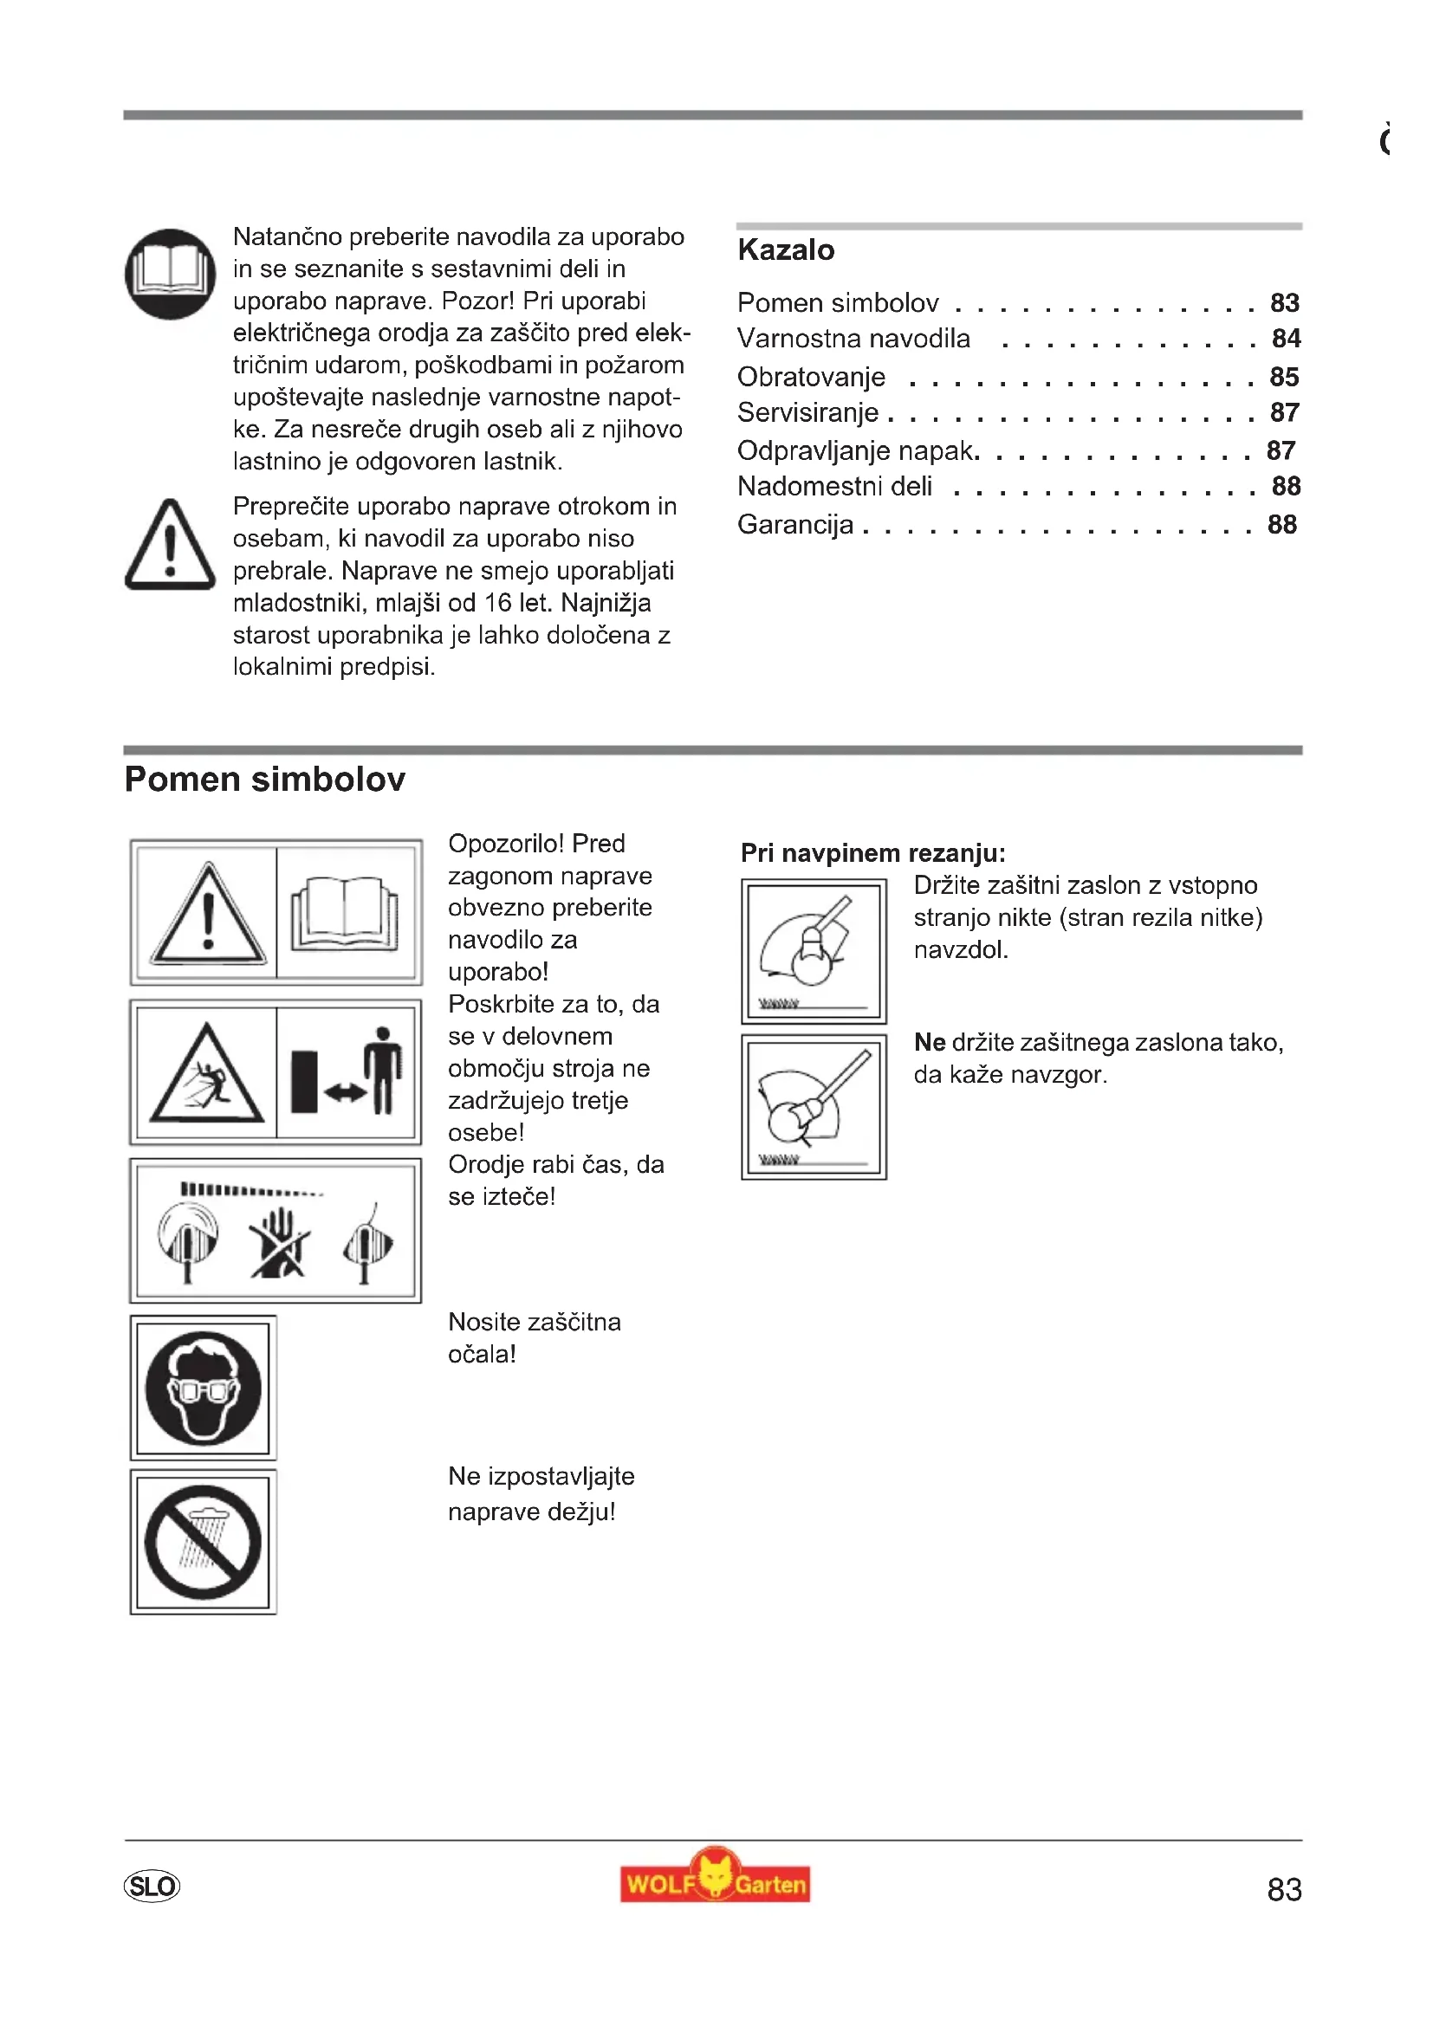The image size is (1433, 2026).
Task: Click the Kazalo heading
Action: [x=785, y=250]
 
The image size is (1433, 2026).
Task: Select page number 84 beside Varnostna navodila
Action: [x=1286, y=339]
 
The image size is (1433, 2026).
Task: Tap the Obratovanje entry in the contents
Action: [x=811, y=378]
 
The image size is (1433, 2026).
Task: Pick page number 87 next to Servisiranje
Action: [x=1284, y=413]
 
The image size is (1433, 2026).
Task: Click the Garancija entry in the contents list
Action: [x=795, y=525]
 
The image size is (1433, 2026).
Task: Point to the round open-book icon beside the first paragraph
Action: [x=171, y=275]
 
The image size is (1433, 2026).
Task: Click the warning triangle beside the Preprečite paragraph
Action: [x=171, y=546]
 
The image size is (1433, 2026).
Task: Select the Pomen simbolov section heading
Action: [x=265, y=780]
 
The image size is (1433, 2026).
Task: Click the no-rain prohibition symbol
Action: [x=203, y=1543]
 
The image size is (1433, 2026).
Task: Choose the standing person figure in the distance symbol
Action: [x=383, y=1070]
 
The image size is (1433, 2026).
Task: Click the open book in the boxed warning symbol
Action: [x=346, y=913]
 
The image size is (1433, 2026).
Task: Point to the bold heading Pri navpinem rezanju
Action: [x=872, y=853]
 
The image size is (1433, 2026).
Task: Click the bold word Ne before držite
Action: [x=929, y=1043]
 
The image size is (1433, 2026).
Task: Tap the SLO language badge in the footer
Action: [x=152, y=1887]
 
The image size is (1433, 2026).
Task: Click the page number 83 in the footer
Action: [x=1284, y=1889]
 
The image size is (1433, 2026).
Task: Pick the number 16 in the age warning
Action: [x=498, y=604]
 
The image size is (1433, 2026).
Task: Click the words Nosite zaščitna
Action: [x=534, y=1322]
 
